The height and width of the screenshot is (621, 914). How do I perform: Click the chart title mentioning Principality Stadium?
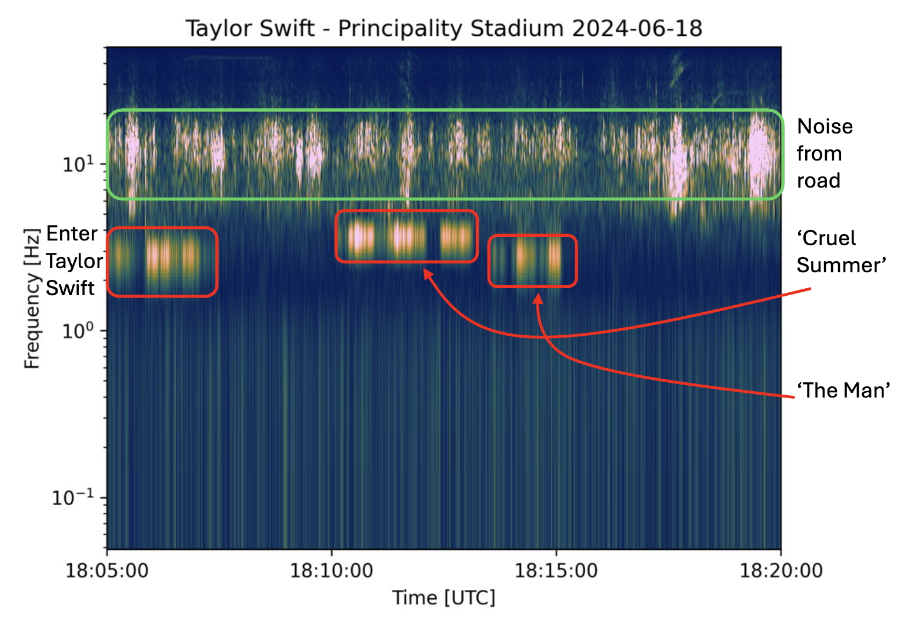(x=444, y=28)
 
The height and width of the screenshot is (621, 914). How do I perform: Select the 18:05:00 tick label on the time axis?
(x=107, y=570)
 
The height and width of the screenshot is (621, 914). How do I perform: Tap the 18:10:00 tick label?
(x=331, y=570)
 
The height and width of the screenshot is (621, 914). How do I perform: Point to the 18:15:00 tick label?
(x=556, y=570)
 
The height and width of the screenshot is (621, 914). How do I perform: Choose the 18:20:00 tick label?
(x=780, y=570)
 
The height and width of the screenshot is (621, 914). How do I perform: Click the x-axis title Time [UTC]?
(x=444, y=597)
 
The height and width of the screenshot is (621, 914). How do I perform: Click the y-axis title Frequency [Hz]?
(x=32, y=299)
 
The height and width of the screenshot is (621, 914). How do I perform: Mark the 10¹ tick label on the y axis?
(x=78, y=164)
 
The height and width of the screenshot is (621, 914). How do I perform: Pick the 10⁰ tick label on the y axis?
(x=78, y=330)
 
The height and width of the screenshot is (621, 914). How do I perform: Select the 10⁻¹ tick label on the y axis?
(x=73, y=498)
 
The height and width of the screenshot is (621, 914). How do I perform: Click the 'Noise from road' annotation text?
(x=825, y=153)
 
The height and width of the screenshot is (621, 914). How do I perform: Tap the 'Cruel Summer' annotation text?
(x=841, y=252)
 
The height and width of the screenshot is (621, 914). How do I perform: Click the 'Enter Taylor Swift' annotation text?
(x=74, y=261)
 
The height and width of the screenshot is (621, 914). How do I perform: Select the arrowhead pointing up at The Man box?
(x=538, y=298)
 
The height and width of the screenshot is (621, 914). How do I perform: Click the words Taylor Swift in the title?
(x=250, y=28)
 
